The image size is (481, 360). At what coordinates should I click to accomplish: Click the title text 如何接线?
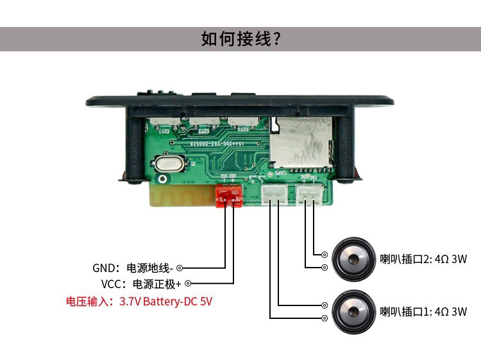pyautogui.click(x=240, y=39)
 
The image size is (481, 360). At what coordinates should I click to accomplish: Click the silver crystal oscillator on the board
pyautogui.click(x=169, y=164)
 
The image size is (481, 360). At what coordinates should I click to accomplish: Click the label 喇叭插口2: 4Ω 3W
pyautogui.click(x=423, y=260)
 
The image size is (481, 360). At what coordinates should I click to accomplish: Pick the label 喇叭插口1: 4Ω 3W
pyautogui.click(x=423, y=313)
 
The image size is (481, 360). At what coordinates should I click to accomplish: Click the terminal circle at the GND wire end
pyautogui.click(x=180, y=268)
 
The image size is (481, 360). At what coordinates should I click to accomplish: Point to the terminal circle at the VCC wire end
pyautogui.click(x=188, y=284)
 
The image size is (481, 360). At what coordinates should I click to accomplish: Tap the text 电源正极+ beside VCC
pyautogui.click(x=156, y=284)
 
